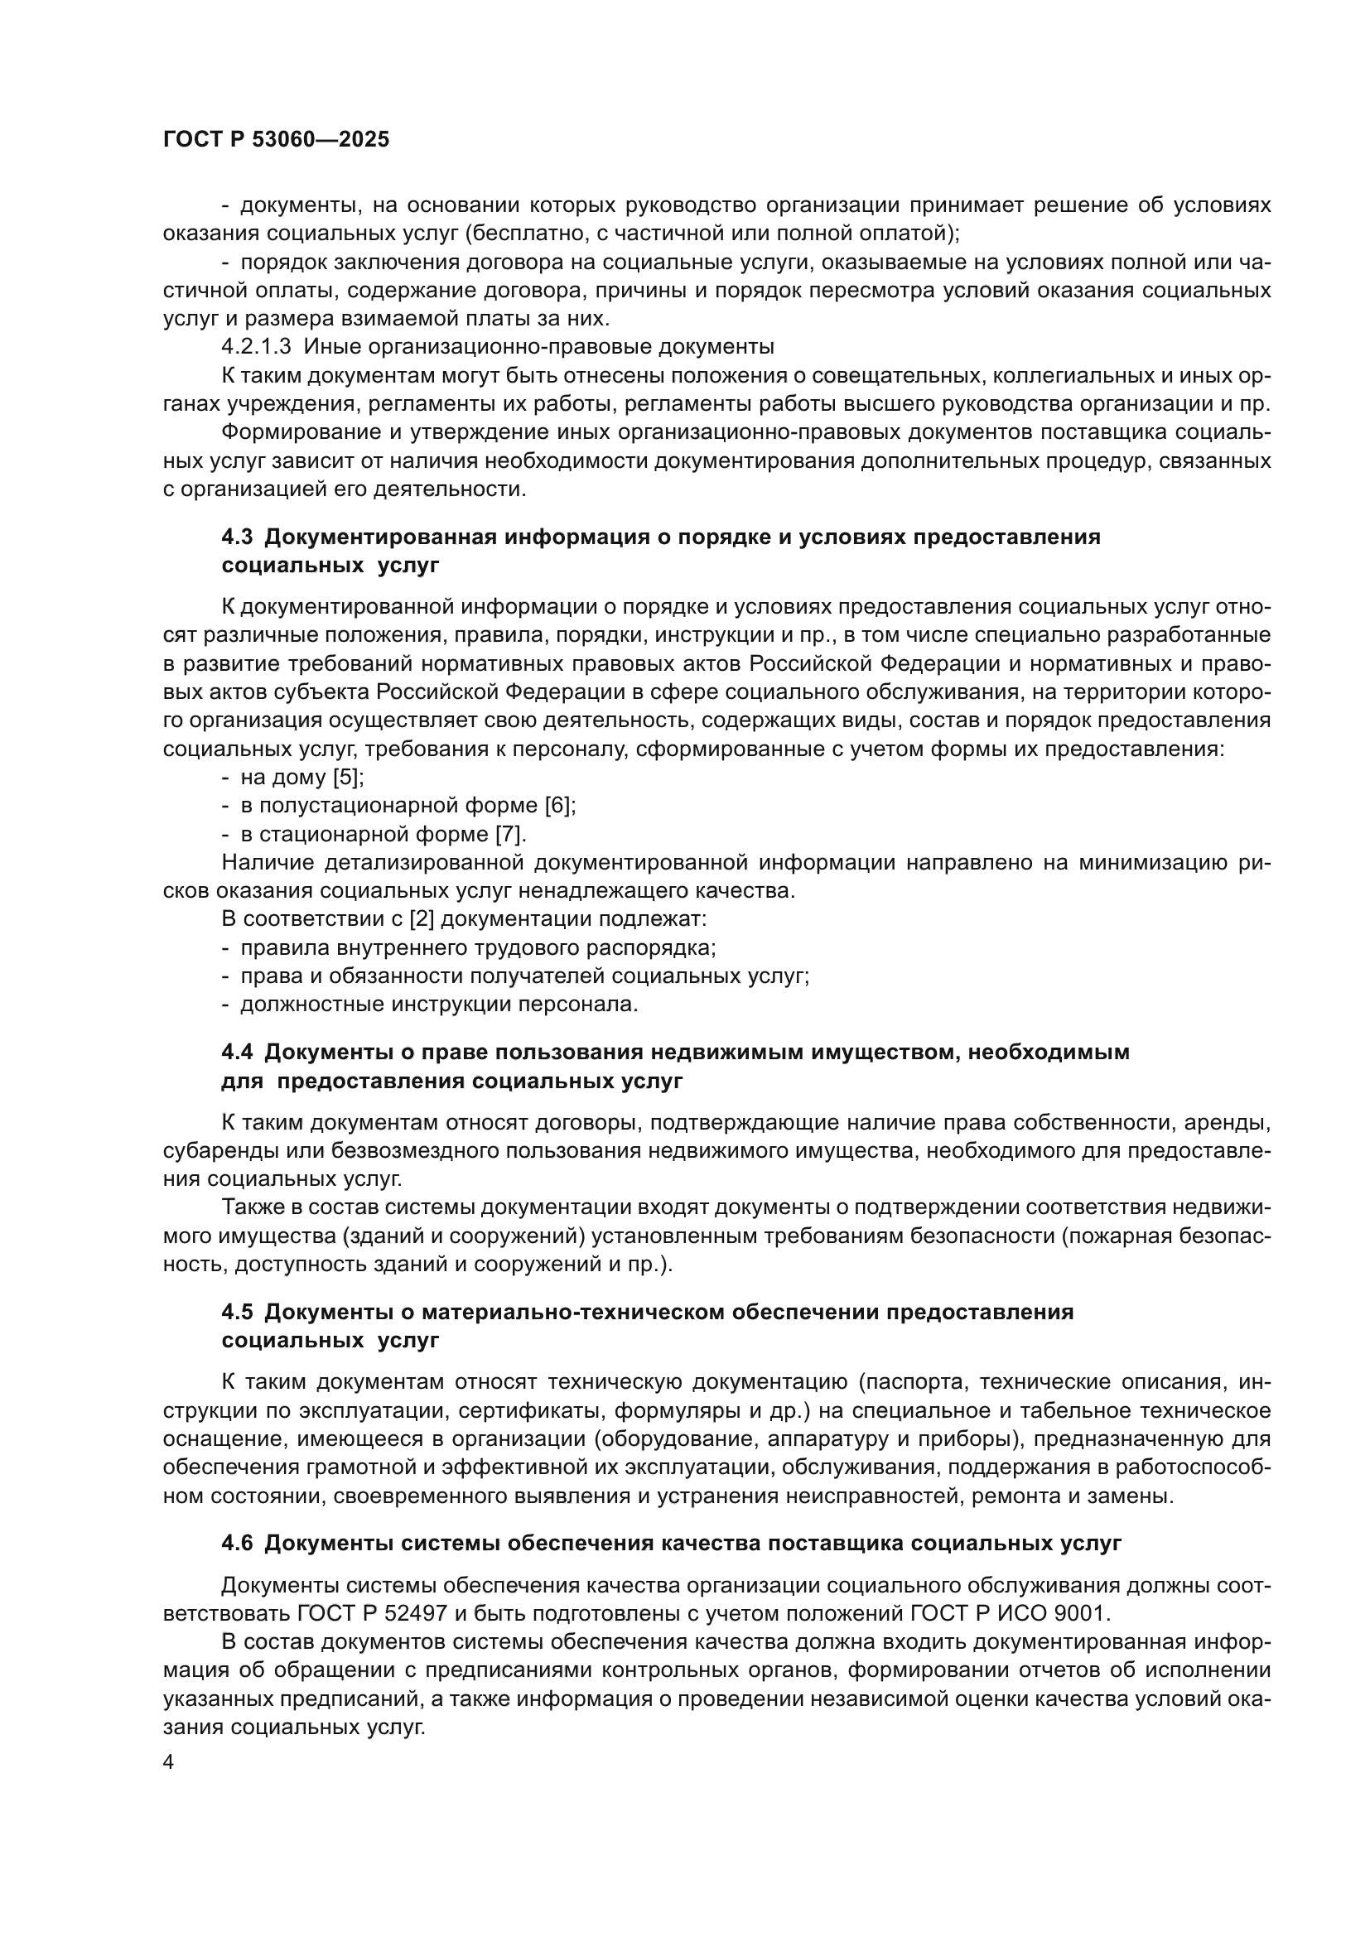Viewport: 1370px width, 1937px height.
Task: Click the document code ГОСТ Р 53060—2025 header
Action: click(x=276, y=140)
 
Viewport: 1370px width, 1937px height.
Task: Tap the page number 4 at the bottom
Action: click(x=169, y=1763)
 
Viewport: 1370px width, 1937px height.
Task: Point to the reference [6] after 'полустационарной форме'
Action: click(x=559, y=806)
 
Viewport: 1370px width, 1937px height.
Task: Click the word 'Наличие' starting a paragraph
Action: click(x=267, y=862)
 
